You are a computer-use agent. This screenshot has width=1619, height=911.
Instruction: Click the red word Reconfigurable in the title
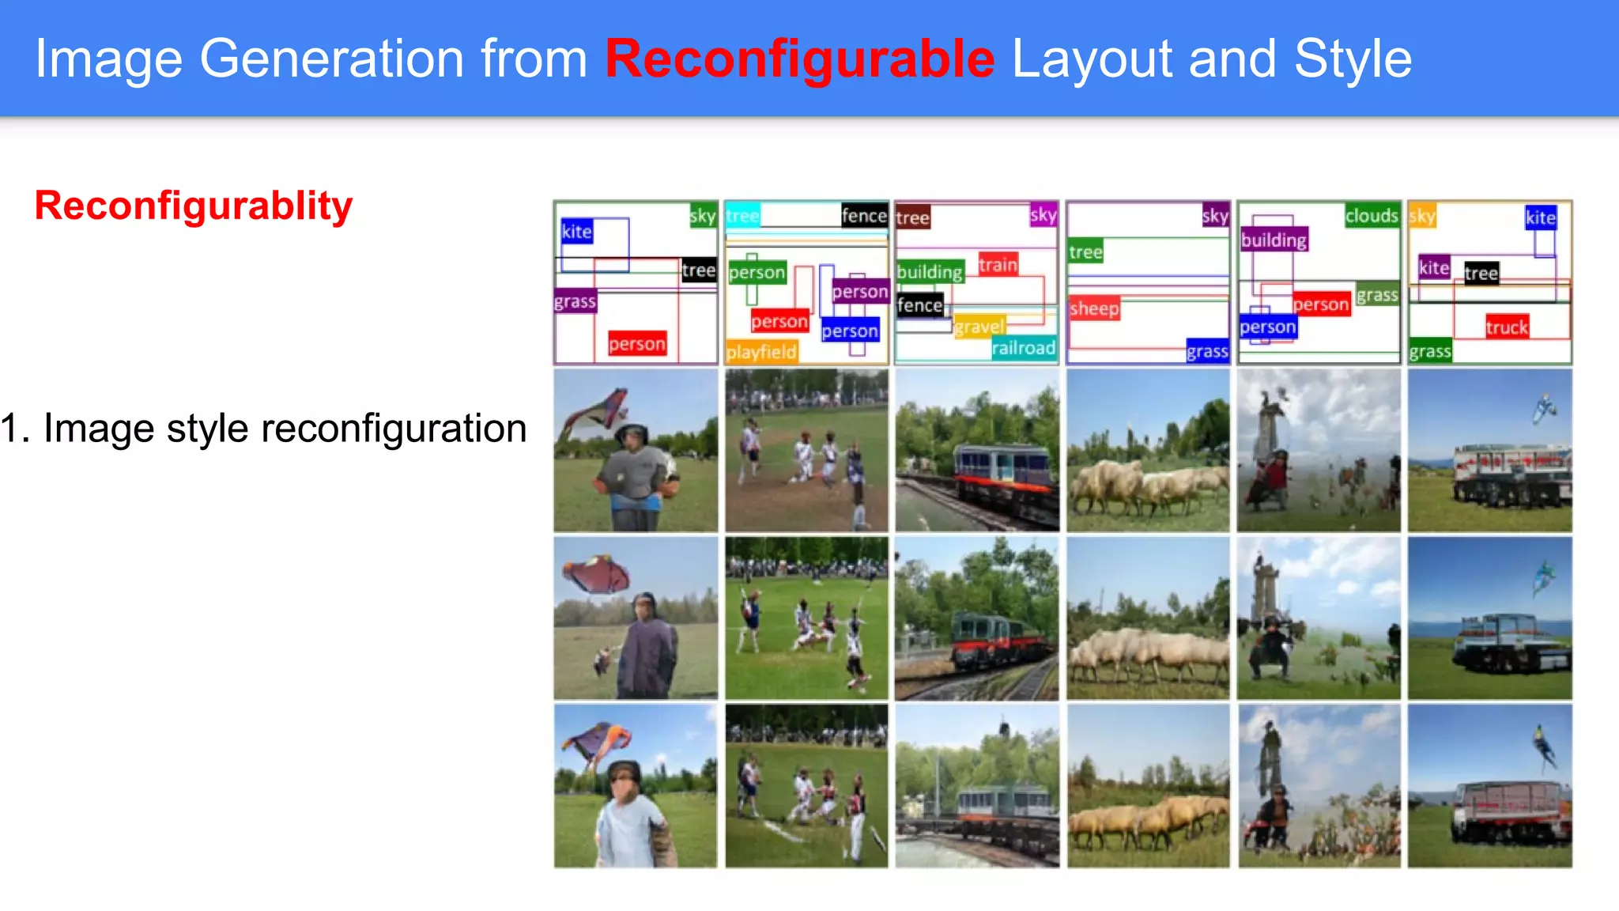[799, 59]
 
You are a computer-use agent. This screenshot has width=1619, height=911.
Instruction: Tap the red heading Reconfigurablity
[194, 206]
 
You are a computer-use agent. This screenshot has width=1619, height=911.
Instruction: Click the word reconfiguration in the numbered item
[394, 429]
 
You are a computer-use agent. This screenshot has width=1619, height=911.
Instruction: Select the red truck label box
[1506, 327]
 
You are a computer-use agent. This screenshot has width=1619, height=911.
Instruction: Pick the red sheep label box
[1094, 308]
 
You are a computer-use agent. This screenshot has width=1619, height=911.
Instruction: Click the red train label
[998, 265]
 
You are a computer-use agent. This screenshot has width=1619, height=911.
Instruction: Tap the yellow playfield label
[761, 352]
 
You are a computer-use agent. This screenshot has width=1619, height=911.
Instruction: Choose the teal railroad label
[1023, 348]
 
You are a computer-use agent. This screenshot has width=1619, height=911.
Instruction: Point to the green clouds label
[1372, 216]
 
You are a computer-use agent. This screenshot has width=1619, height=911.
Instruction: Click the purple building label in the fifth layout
[1274, 240]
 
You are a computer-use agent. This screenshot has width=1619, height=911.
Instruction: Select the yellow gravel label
[979, 327]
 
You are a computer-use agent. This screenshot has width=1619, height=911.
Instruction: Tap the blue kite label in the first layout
[576, 232]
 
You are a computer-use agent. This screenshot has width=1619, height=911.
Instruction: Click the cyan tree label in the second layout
[742, 216]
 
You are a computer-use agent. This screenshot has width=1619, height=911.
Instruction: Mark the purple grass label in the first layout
[575, 302]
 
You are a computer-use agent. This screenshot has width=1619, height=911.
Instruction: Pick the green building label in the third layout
[930, 272]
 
